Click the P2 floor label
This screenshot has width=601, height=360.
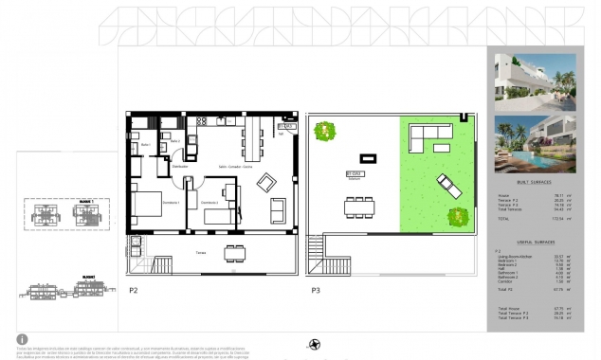(x=133, y=292)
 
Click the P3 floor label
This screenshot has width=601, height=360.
(x=314, y=292)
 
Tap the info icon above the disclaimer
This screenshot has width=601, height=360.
(x=22, y=338)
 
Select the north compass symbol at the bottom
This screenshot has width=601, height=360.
(x=315, y=343)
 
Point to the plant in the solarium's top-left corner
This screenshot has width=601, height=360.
(x=327, y=130)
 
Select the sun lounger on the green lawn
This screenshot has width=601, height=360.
(x=448, y=186)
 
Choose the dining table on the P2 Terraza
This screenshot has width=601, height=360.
(x=233, y=252)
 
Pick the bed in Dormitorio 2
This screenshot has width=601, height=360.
(x=217, y=215)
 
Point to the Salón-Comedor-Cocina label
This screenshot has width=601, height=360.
(x=235, y=167)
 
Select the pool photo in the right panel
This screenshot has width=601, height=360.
(x=535, y=142)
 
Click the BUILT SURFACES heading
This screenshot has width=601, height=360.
(x=536, y=182)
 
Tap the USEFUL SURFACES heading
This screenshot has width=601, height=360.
(x=536, y=243)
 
